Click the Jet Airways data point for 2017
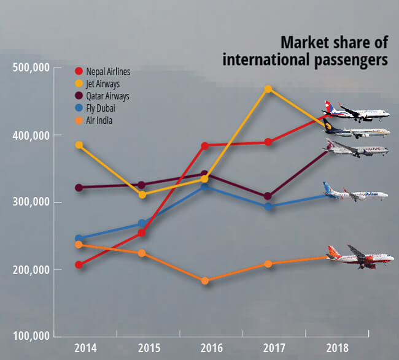pyautogui.click(x=268, y=89)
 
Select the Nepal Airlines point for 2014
pyautogui.click(x=79, y=265)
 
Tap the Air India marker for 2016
pyautogui.click(x=205, y=281)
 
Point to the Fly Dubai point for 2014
pyautogui.click(x=79, y=238)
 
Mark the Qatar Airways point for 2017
pyautogui.click(x=268, y=196)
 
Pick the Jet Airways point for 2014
pyautogui.click(x=79, y=145)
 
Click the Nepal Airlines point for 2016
pyautogui.click(x=205, y=145)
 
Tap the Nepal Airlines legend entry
pyautogui.click(x=105, y=71)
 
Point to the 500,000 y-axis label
pyautogui.click(x=31, y=67)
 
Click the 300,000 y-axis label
pyautogui.click(x=31, y=202)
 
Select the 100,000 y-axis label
pyautogui.click(x=31, y=337)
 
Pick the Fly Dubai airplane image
pyautogui.click(x=355, y=193)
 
